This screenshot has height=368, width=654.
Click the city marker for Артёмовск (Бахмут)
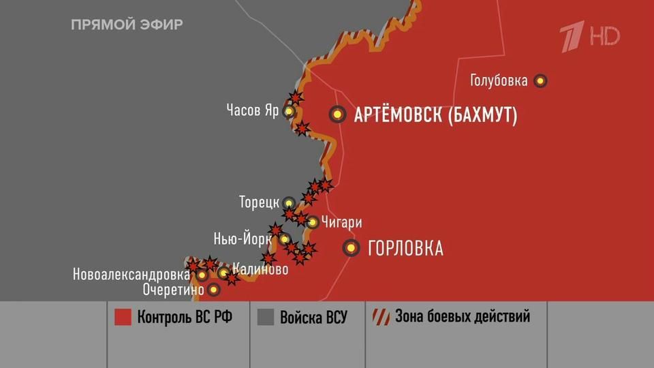337,114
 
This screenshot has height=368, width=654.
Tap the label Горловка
405,249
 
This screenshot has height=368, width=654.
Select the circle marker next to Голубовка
541,80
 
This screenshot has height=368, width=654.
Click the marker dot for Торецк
289,202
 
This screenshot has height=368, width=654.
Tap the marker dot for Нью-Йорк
285,239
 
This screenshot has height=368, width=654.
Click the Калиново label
260,269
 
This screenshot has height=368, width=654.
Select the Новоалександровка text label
131,275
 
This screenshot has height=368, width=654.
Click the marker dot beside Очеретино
214,290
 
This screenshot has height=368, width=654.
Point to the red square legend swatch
123,318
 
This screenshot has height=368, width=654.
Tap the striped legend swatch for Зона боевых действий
380,318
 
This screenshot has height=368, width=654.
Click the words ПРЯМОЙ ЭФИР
127,25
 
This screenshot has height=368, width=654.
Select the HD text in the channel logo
604,35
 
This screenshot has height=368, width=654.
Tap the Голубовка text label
499,81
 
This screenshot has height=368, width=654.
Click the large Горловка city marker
352,248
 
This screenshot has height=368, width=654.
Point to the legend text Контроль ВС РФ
180,318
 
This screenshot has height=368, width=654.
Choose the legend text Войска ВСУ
313,318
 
